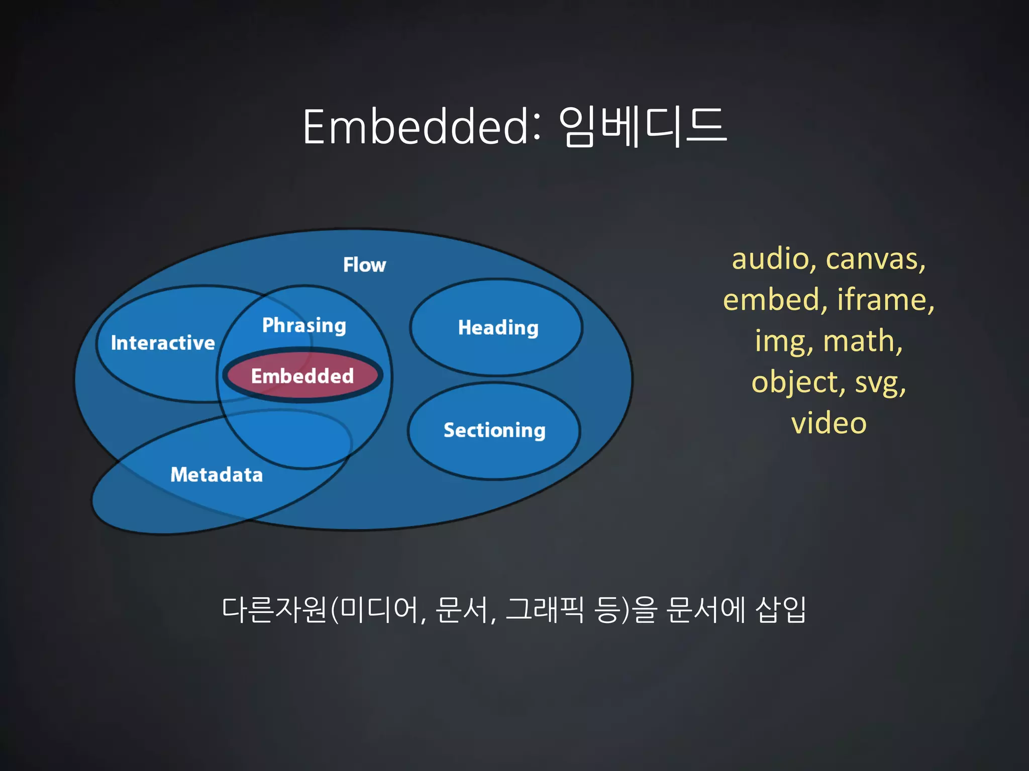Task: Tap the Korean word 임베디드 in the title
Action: pos(642,126)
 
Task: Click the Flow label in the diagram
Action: pos(364,265)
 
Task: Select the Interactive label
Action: pos(163,343)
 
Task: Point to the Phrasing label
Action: pos(304,325)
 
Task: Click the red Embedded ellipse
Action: pos(302,376)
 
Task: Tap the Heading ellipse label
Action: pos(498,328)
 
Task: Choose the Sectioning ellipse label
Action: pos(494,430)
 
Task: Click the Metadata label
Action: pos(217,475)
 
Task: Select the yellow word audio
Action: pos(770,259)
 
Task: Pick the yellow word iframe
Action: pos(884,300)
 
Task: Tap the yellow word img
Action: pos(783,341)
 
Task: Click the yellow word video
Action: pos(829,423)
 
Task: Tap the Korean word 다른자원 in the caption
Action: pos(274,610)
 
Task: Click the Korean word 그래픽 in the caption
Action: pos(545,610)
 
